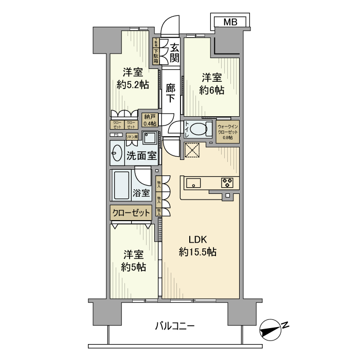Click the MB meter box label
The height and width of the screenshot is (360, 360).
(231, 22)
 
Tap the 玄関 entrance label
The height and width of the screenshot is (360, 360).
(175, 51)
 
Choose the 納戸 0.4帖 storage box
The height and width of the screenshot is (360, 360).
(150, 120)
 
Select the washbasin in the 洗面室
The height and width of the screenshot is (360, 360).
(116, 154)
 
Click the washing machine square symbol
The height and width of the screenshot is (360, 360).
(150, 138)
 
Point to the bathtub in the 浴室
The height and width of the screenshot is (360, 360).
(122, 185)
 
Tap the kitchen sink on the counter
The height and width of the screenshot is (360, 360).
(194, 183)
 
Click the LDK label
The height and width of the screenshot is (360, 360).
(197, 239)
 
